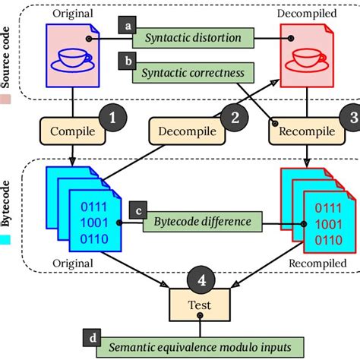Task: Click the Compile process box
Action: coord(73,131)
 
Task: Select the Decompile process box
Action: coord(187,131)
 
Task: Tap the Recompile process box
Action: coord(307,131)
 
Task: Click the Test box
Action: coord(200,305)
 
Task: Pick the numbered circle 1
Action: coord(112,118)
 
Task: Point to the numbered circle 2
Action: coord(235,118)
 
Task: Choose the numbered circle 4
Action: coord(201,279)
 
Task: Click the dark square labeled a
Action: coord(128,25)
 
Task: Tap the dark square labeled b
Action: coord(128,61)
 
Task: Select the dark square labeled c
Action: coord(138,210)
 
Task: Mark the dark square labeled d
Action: coord(92,338)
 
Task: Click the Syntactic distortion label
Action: coord(193,38)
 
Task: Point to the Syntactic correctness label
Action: coord(193,73)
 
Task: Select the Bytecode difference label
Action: coord(203,222)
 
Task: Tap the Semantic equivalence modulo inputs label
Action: coord(200,347)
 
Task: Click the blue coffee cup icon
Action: coord(73,60)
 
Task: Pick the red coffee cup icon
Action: coord(307,60)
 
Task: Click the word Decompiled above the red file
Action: coord(307,13)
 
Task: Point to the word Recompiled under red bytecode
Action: coord(317,264)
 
